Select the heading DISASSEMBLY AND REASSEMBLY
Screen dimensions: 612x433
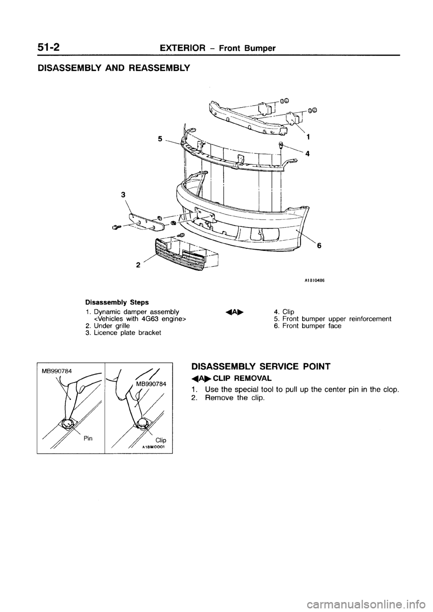[x=110, y=69]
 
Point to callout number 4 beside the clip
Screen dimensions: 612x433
[x=307, y=153]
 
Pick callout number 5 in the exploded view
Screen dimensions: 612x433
[x=160, y=140]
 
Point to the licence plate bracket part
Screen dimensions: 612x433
[x=143, y=221]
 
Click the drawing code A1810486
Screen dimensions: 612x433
[x=314, y=279]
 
